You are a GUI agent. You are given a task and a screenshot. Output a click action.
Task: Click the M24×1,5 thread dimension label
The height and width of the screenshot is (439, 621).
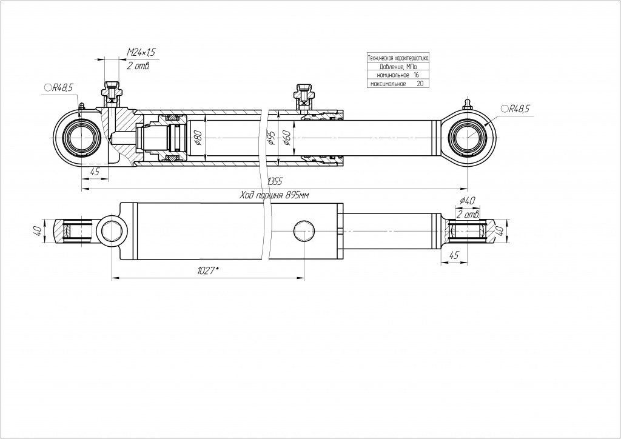pos(141,53)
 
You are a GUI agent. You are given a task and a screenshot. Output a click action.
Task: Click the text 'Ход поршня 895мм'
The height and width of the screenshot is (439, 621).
pos(275,195)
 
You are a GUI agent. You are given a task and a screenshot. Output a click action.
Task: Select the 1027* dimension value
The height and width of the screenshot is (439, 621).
pos(207,270)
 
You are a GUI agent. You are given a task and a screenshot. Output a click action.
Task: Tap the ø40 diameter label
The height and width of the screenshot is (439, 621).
pos(467,201)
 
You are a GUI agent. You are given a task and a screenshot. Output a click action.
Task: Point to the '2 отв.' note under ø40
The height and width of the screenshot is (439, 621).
pos(468,215)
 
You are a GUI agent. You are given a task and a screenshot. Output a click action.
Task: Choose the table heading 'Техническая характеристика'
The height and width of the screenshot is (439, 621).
pos(398,58)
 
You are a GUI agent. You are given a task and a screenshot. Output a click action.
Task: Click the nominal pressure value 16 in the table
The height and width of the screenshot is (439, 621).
pos(416,75)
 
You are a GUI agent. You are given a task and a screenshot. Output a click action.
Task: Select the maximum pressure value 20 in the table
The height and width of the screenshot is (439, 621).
pos(420,84)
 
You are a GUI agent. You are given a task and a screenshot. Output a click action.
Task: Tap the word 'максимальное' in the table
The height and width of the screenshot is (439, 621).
pos(386,84)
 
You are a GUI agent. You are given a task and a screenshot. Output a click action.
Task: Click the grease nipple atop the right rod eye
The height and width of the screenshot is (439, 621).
pos(468,103)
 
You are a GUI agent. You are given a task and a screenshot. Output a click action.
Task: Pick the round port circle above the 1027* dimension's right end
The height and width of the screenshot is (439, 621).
pos(303,232)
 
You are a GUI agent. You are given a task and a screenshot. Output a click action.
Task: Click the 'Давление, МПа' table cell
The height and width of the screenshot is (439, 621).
pos(398,67)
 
